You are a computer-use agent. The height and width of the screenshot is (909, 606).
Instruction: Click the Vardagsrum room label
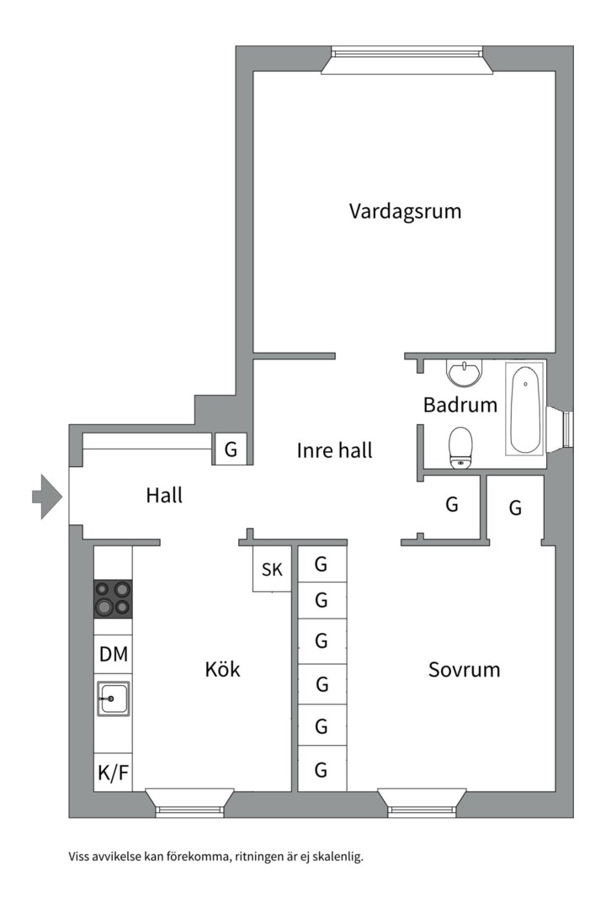click(x=405, y=210)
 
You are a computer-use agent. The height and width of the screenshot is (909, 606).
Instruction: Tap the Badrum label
click(x=460, y=405)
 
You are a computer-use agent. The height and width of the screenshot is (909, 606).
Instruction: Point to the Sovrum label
click(x=464, y=670)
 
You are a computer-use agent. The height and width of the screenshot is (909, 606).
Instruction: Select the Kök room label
click(x=222, y=670)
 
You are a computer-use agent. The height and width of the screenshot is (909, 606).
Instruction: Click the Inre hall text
click(x=334, y=450)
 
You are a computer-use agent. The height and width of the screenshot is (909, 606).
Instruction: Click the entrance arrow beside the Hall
click(x=47, y=495)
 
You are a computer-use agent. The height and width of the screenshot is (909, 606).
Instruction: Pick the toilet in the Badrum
click(x=460, y=446)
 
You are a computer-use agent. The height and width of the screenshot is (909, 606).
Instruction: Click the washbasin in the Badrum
click(x=464, y=373)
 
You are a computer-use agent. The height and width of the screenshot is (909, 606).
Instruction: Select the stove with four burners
click(x=113, y=598)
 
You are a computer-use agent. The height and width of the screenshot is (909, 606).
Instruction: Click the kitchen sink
click(x=113, y=699)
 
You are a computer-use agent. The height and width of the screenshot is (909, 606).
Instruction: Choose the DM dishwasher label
click(x=113, y=653)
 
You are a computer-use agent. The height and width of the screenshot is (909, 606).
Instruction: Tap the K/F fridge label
click(x=113, y=773)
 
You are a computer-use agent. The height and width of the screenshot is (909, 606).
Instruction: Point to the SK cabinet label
click(x=272, y=570)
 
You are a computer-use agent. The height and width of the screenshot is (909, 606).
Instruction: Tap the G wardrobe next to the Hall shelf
click(x=231, y=449)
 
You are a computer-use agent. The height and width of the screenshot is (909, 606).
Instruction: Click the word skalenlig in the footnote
click(x=337, y=858)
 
